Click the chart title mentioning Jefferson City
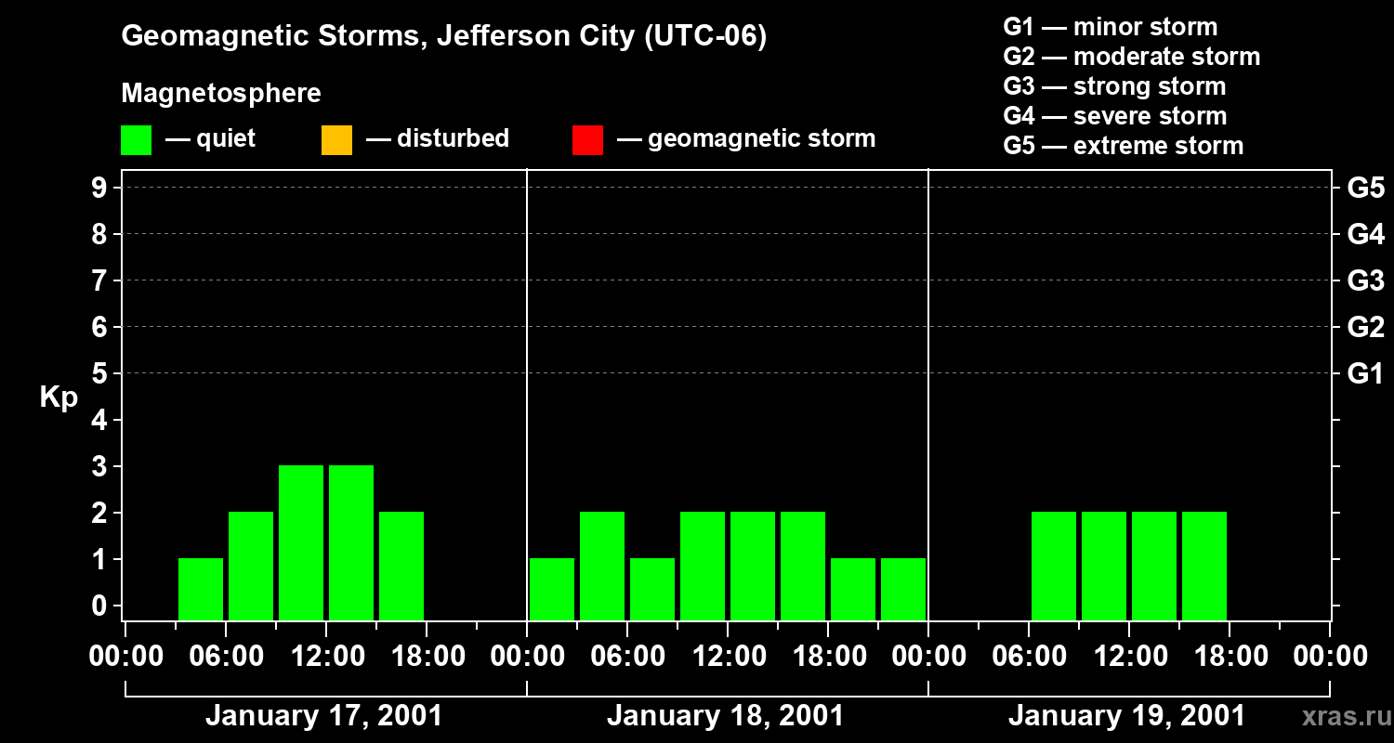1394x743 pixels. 444,36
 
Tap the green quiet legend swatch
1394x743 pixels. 136,140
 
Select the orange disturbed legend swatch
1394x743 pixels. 336,140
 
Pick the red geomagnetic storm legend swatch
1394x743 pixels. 587,140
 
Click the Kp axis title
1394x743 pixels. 59,398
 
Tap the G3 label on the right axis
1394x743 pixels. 1365,280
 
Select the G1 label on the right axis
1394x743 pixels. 1365,373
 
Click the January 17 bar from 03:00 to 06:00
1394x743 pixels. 201,589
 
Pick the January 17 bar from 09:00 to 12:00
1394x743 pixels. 301,542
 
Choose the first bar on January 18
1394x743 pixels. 552,589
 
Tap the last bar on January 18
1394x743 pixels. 903,589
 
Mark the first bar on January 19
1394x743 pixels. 1054,566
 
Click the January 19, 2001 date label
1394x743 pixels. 1126,716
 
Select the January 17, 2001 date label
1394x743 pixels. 323,716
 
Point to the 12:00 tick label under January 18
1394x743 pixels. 728,657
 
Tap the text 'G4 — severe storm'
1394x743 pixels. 1114,116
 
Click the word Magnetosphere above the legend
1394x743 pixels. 221,94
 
